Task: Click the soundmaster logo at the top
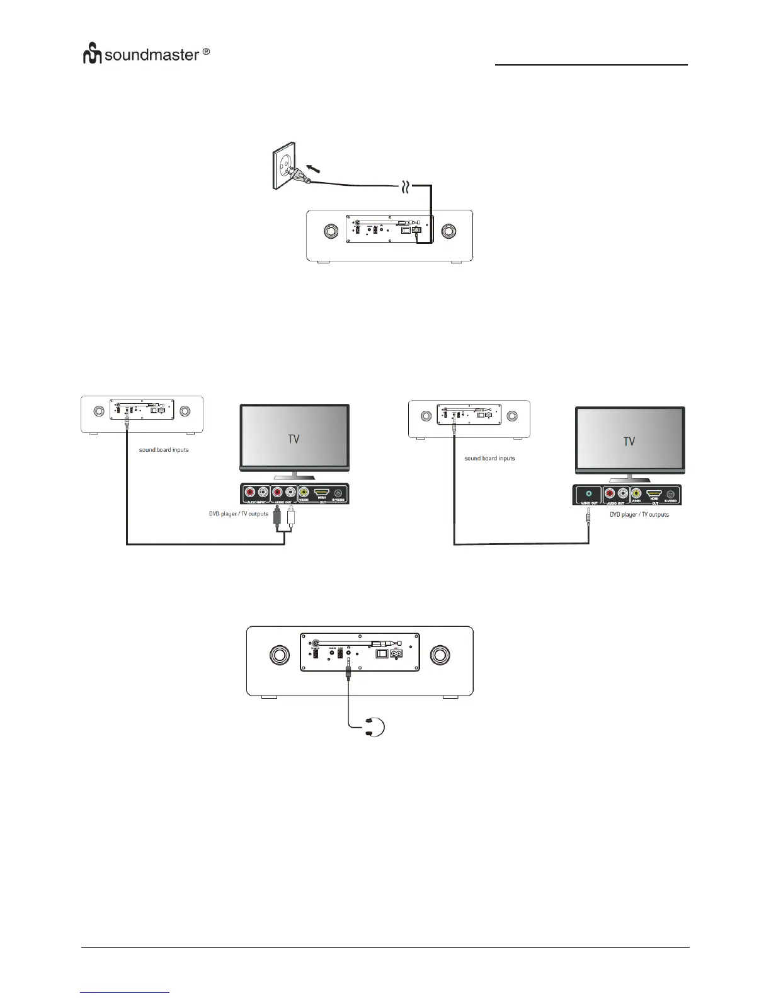click(x=146, y=55)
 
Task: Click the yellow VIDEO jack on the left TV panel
click(x=304, y=493)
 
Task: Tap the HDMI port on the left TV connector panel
click(x=322, y=493)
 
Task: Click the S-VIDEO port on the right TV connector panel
click(x=670, y=495)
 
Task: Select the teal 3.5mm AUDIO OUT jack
click(x=588, y=495)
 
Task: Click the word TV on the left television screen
click(x=294, y=439)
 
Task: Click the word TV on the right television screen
click(x=629, y=442)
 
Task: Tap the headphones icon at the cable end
click(x=376, y=726)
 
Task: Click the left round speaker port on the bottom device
click(x=280, y=655)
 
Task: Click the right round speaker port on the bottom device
click(x=440, y=655)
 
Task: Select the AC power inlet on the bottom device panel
click(x=396, y=655)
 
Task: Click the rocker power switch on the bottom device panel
click(x=381, y=654)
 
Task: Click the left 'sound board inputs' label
click(x=164, y=450)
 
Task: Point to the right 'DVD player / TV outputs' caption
click(x=639, y=515)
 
